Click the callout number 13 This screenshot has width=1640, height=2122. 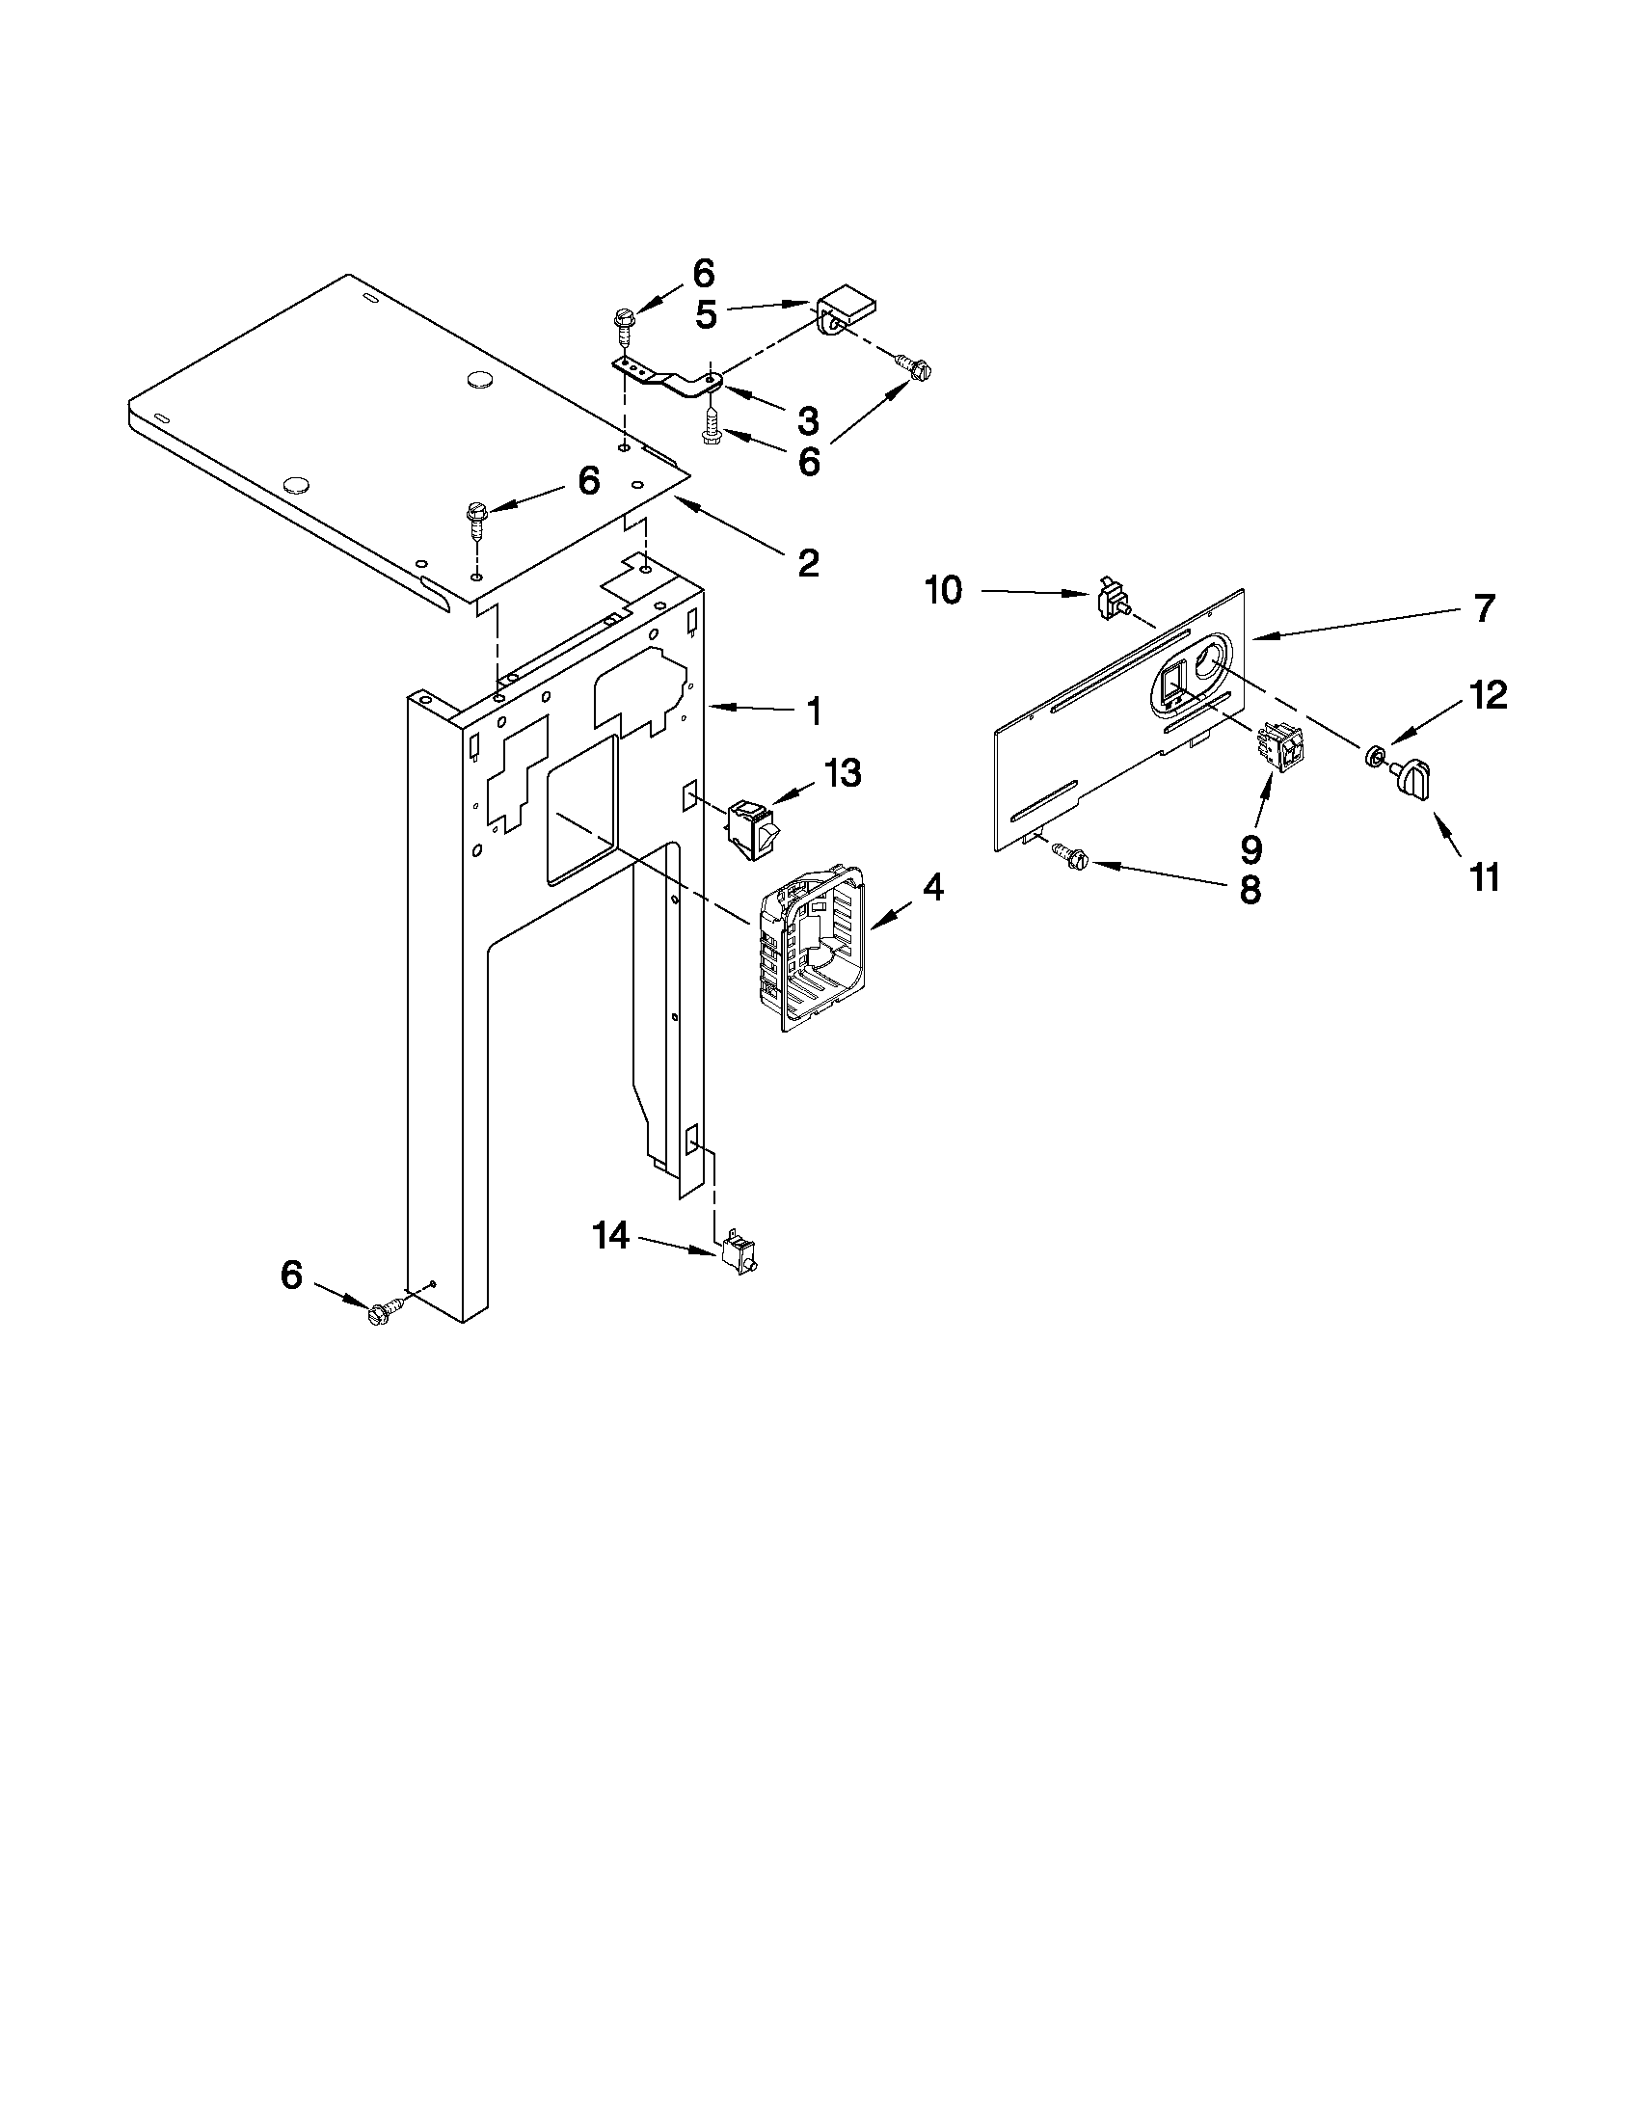point(843,773)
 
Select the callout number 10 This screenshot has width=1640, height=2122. point(943,590)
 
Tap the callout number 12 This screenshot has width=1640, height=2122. point(1487,695)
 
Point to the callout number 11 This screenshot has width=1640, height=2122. point(1485,877)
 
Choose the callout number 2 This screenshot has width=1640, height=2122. point(807,563)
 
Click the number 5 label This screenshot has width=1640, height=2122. point(707,316)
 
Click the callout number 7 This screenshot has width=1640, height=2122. point(1484,609)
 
